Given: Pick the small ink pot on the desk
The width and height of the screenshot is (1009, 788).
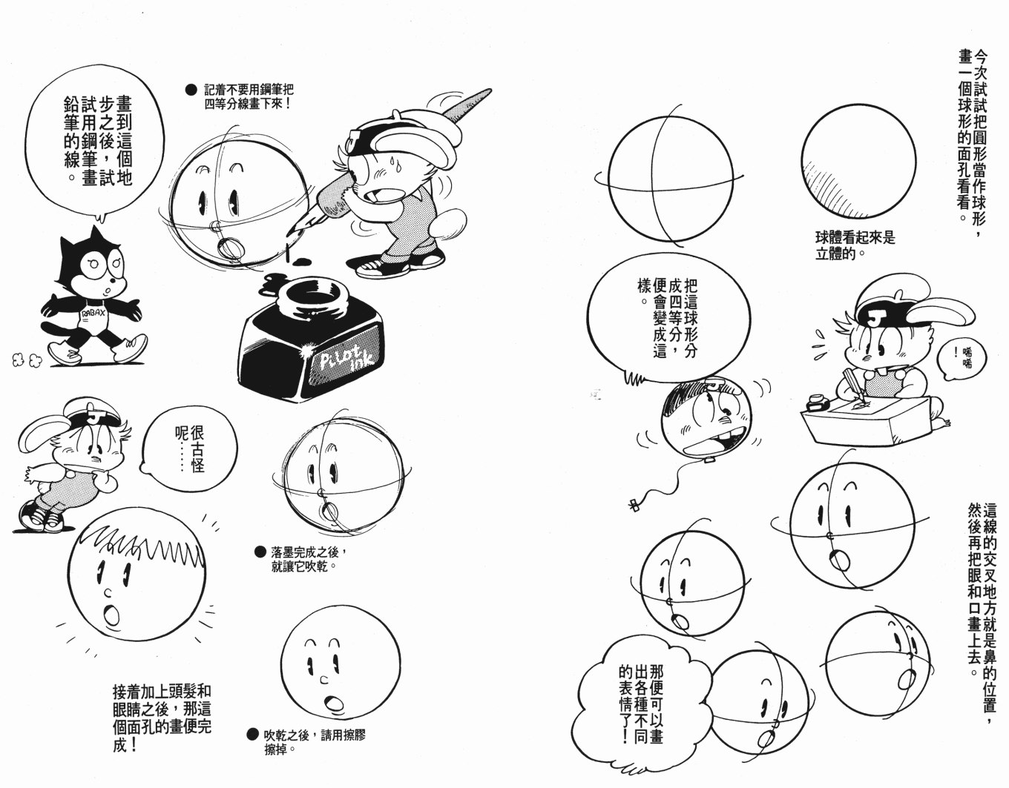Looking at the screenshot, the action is click(818, 402).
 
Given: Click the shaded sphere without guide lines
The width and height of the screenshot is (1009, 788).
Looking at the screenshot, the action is click(858, 161).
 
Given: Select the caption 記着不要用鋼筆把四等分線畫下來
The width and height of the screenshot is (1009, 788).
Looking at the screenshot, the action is click(249, 96).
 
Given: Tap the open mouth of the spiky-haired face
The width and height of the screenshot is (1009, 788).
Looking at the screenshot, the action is click(111, 615).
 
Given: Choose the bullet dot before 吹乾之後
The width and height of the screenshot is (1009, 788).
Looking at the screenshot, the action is click(252, 734).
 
